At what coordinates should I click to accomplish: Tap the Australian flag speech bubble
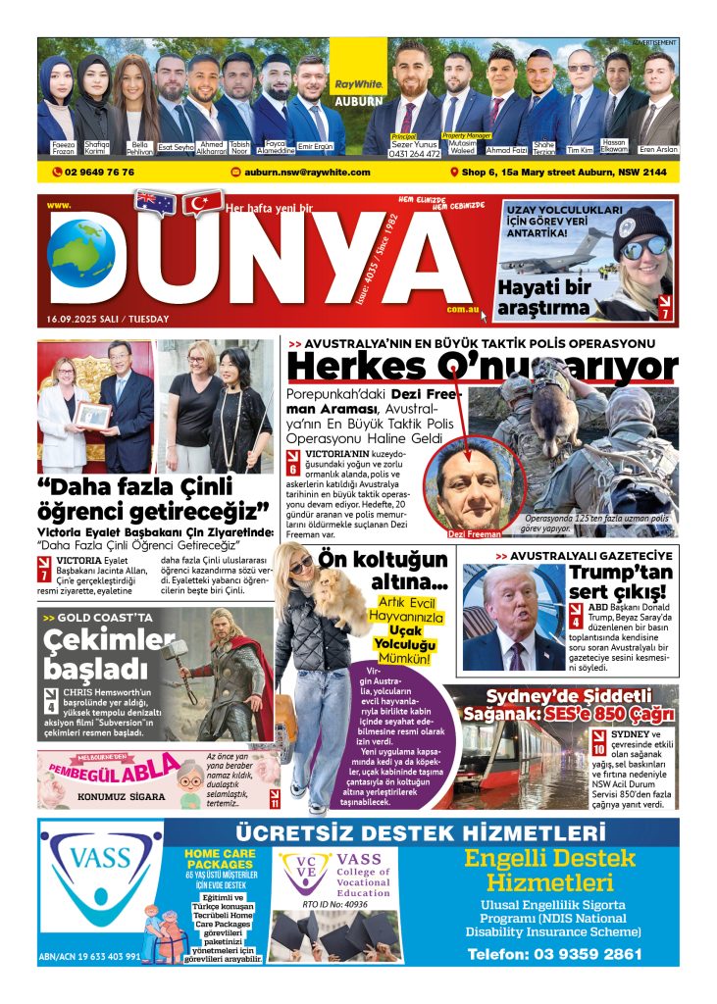(156, 202)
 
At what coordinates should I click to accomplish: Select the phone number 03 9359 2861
(554, 953)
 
